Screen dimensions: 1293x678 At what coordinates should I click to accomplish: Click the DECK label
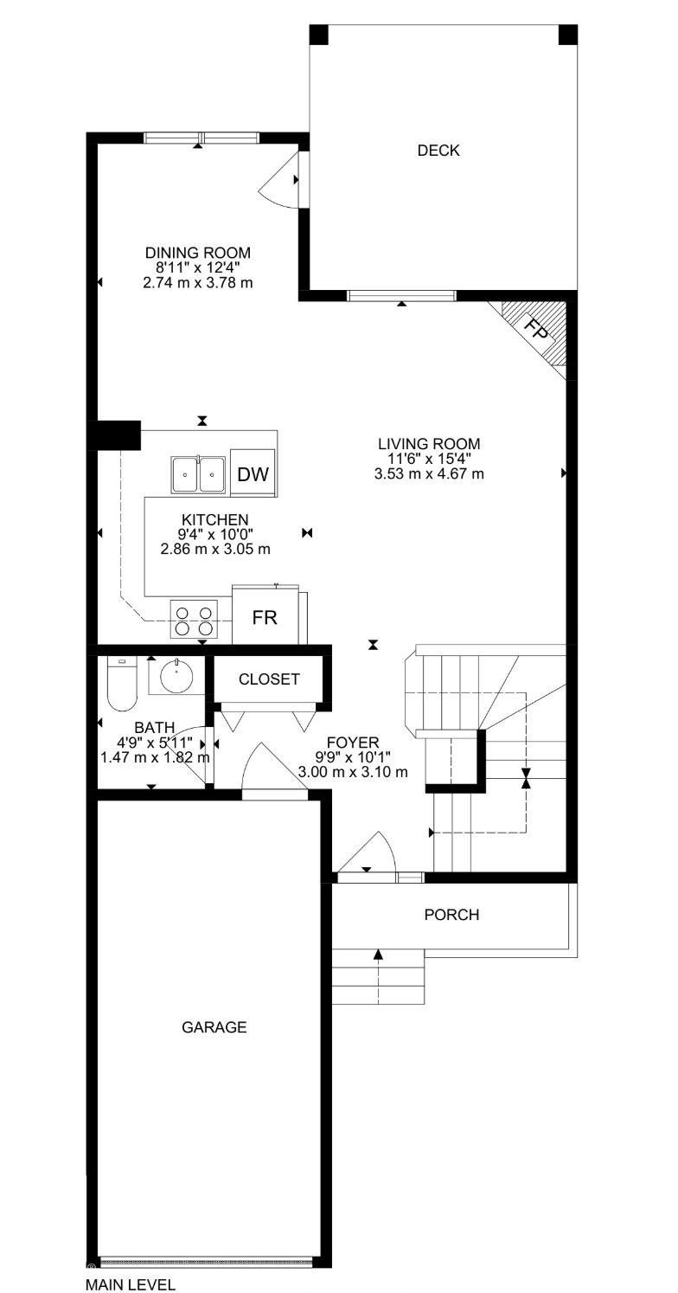click(x=438, y=151)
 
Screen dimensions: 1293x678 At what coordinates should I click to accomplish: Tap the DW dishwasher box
click(x=253, y=473)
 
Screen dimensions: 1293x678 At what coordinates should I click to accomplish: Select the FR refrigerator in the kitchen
click(x=265, y=618)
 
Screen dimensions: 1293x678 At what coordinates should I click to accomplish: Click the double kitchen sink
click(x=198, y=473)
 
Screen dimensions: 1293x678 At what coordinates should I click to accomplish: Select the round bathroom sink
click(x=177, y=676)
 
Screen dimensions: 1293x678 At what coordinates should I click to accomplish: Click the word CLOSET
click(x=269, y=679)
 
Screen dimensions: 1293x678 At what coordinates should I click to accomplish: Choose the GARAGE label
click(x=214, y=1027)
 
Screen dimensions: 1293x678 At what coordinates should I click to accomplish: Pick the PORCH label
click(x=451, y=915)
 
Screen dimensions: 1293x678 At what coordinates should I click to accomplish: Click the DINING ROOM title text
click(x=198, y=253)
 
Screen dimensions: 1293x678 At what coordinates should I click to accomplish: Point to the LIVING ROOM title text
click(x=429, y=444)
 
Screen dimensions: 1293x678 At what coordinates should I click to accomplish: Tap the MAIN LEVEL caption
click(x=131, y=1284)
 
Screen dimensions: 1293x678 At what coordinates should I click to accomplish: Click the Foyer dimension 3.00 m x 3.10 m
click(x=352, y=772)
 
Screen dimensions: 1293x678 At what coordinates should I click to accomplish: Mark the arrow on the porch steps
click(x=378, y=955)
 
